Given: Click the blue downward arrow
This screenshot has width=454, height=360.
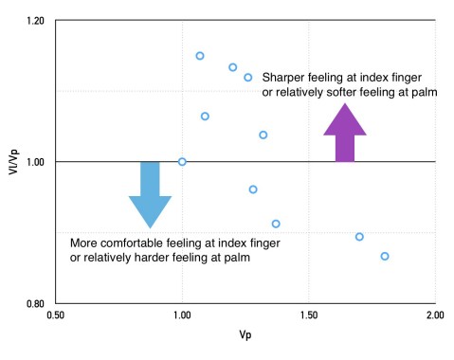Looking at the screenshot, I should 150,195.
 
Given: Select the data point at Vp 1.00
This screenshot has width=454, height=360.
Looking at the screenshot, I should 182,162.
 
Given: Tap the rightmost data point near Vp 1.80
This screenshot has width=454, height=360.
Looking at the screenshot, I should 385,256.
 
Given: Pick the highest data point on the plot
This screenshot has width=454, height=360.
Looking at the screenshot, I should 200,56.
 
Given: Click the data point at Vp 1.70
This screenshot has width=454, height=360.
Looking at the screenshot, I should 359,237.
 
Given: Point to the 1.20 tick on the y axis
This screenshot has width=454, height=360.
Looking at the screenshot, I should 37,20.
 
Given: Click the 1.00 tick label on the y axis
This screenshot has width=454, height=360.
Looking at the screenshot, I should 37,162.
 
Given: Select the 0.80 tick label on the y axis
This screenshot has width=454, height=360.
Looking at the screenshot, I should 37,304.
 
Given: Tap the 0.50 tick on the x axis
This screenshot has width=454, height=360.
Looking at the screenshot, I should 56,315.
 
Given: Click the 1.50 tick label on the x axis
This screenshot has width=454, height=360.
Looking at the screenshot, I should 308,315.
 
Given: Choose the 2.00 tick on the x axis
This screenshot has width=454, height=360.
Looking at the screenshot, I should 435,315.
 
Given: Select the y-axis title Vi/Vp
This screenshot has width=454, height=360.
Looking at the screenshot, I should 11,162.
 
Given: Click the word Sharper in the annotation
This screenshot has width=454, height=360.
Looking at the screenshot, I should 284,77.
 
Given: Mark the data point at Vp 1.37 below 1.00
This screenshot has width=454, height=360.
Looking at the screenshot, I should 276,224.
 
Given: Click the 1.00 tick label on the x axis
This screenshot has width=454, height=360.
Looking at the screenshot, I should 182,315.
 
